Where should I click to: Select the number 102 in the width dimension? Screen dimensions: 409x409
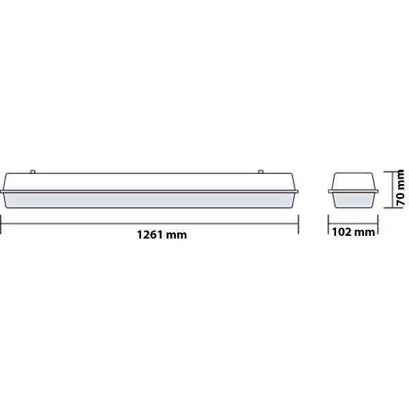342,232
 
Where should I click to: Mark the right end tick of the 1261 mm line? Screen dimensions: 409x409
298,224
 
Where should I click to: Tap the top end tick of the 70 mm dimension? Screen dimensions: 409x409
389,172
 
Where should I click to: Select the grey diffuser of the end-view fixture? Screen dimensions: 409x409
352,200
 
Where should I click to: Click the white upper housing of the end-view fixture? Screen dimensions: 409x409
352,183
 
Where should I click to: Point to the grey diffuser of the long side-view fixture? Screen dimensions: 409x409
150,200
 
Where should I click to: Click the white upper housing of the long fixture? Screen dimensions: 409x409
150,182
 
